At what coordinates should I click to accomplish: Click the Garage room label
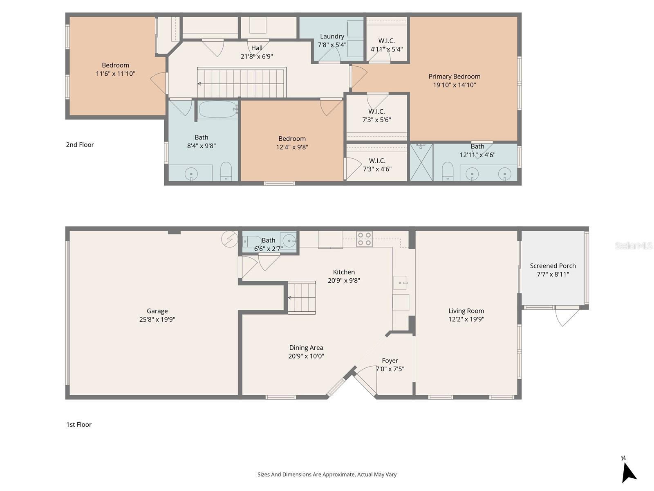(x=157, y=311)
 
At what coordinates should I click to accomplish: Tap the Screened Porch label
(x=553, y=266)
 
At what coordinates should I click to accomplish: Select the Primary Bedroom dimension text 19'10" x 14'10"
(x=454, y=85)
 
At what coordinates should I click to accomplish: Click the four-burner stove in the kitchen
(x=364, y=239)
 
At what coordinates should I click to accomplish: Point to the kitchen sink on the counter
(x=400, y=283)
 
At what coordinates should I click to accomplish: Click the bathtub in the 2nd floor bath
(x=218, y=110)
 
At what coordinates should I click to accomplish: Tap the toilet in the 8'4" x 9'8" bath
(x=226, y=171)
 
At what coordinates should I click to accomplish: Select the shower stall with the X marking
(x=421, y=162)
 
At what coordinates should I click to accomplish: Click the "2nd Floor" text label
(x=80, y=145)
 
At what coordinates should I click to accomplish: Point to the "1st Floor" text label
(x=79, y=425)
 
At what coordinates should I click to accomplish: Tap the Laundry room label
(x=332, y=36)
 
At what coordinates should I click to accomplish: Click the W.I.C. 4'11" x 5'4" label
(x=386, y=45)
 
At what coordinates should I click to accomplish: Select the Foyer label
(x=390, y=360)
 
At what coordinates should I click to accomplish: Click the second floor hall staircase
(x=241, y=83)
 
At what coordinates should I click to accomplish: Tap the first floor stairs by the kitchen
(x=302, y=297)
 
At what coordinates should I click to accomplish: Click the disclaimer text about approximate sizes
(x=327, y=475)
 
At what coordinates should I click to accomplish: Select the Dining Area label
(x=306, y=348)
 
